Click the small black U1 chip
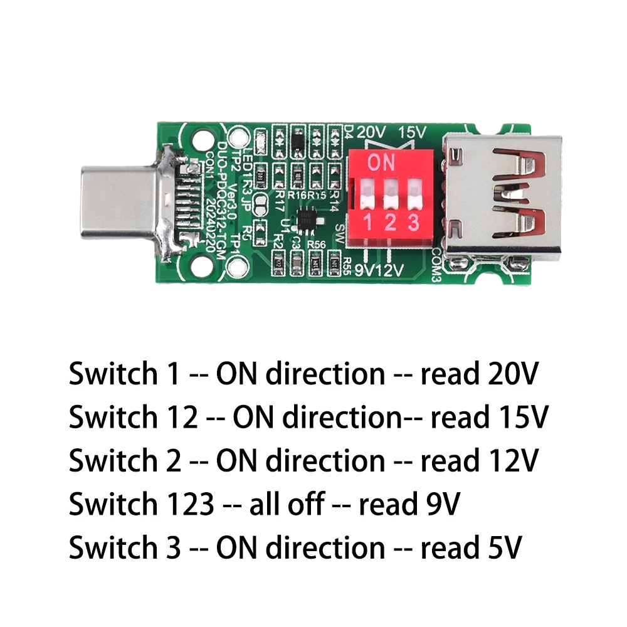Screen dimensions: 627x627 [x=307, y=219]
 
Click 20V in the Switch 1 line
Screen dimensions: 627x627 [x=512, y=374]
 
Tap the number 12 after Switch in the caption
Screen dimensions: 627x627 [x=183, y=418]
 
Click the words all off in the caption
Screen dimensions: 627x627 [x=287, y=504]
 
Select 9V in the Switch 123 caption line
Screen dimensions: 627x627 [x=438, y=504]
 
